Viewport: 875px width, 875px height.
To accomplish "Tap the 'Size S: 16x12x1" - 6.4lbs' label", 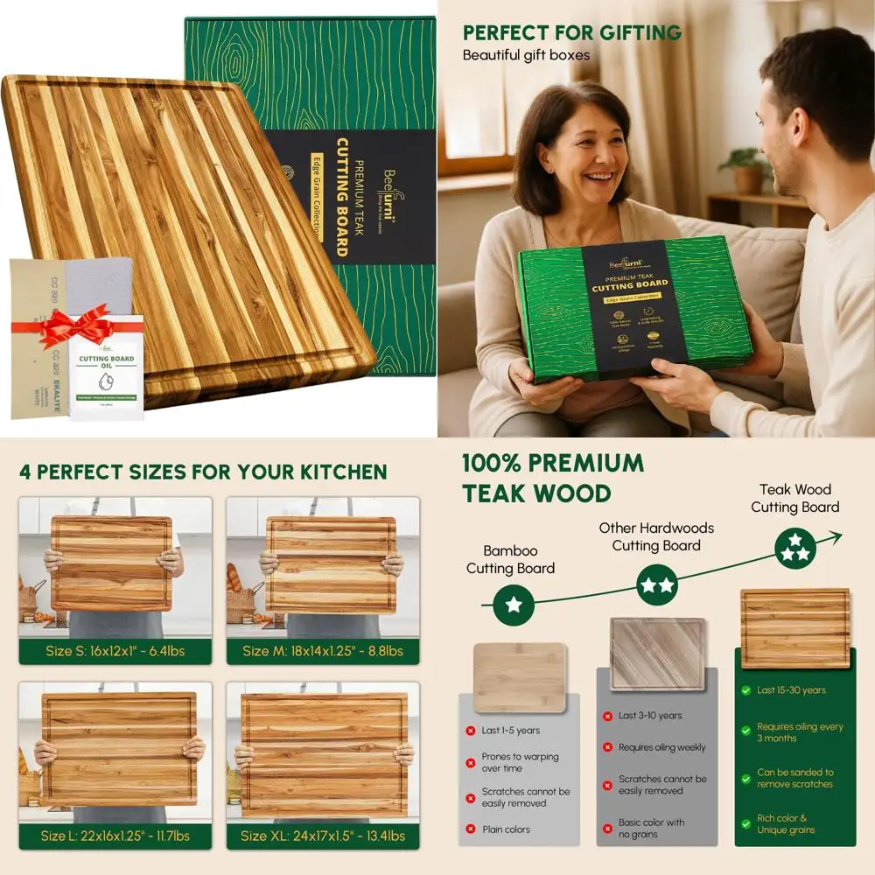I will tap(115, 651).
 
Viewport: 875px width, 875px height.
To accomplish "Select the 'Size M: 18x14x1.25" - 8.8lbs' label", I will tap(323, 651).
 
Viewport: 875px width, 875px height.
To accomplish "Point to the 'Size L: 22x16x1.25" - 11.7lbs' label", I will tap(115, 836).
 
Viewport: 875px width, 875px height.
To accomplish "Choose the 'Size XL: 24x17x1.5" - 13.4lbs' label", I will tap(323, 836).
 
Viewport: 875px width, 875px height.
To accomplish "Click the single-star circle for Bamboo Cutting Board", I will tap(514, 605).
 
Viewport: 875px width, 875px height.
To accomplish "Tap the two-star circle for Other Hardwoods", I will tap(656, 584).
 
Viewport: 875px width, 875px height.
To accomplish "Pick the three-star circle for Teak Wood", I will tap(795, 547).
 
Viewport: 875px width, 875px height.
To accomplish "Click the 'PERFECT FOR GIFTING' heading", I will tap(572, 33).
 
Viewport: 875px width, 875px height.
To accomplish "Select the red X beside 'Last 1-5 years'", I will tap(471, 730).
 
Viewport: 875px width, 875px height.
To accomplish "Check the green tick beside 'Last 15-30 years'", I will tap(745, 690).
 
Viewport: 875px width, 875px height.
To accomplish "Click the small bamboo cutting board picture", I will tap(520, 675).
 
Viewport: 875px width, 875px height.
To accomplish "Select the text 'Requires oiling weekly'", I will tap(661, 747).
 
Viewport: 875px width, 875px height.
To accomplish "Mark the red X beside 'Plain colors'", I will tap(471, 829).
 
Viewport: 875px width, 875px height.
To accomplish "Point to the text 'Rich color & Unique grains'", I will tap(782, 824).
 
